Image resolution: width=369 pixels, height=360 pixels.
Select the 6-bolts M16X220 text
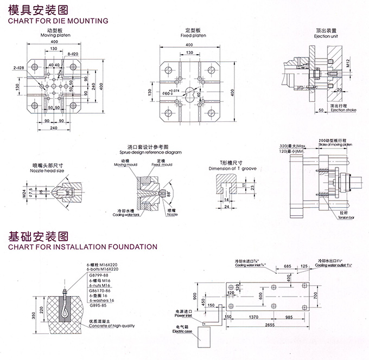pos(103,269)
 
